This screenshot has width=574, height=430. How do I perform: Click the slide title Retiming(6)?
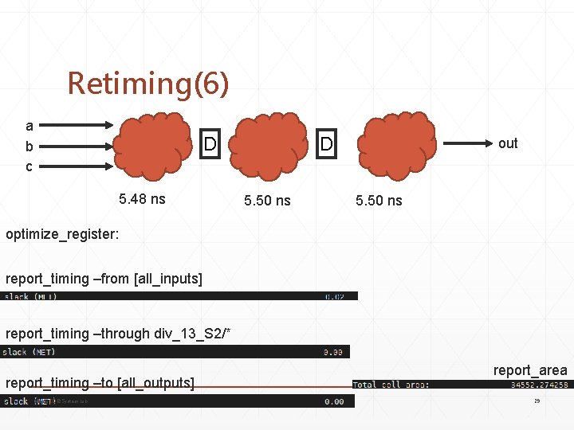147,83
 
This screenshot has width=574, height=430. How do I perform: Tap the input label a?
29,126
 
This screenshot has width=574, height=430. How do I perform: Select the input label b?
29,147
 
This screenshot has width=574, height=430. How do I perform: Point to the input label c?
29,166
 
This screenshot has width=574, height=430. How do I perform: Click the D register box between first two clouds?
210,144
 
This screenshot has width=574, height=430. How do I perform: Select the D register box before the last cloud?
326,144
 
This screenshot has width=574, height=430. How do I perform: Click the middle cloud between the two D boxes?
268,145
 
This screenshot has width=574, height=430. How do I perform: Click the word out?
508,143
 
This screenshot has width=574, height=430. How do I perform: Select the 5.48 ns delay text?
142,199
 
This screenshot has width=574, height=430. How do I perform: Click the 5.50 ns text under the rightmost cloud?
379,201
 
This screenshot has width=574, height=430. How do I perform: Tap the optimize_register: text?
62,235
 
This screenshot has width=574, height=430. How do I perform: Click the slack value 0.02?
335,296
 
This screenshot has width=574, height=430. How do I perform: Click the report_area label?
530,370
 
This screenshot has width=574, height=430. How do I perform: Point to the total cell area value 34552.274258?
540,385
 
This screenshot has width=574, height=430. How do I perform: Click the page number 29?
537,401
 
